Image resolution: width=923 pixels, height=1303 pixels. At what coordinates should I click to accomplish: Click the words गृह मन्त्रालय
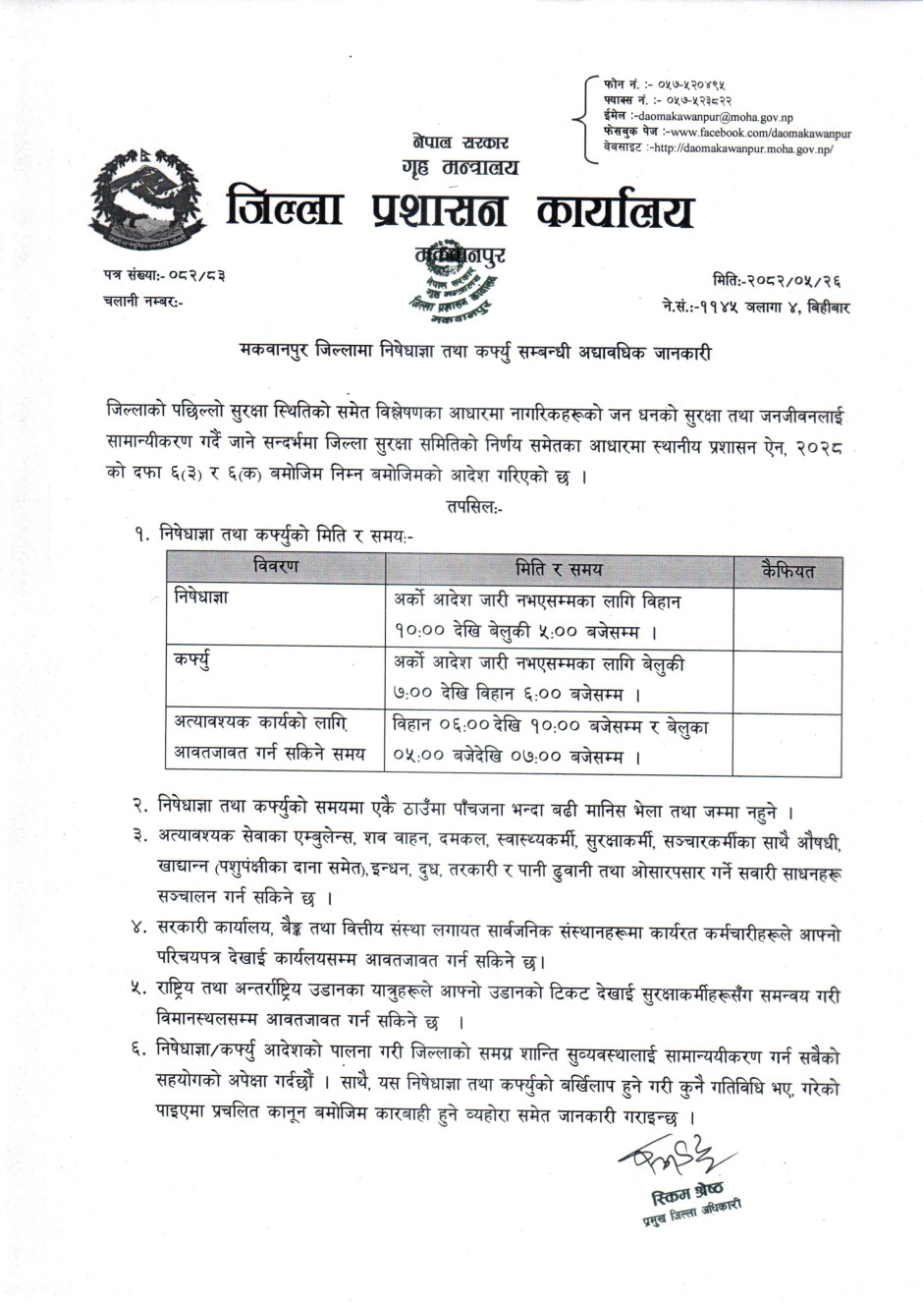click(x=460, y=167)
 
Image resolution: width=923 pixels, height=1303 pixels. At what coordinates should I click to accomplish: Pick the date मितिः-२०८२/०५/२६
click(x=782, y=281)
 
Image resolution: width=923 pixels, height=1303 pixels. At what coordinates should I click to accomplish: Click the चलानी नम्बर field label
click(x=142, y=302)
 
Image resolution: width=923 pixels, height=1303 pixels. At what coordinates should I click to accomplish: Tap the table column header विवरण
click(x=276, y=567)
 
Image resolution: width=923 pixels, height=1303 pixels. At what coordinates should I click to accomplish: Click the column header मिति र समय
click(x=559, y=568)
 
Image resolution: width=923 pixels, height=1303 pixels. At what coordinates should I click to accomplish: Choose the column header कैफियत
click(x=787, y=569)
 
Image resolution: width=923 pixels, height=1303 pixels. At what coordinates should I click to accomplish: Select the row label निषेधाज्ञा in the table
click(x=201, y=598)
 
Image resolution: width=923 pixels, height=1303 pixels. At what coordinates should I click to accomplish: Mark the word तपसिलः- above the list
click(x=474, y=507)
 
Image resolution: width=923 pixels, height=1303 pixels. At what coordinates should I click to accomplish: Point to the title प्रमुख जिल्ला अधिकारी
click(x=686, y=1212)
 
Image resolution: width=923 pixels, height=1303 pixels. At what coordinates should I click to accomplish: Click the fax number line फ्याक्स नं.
click(x=668, y=100)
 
